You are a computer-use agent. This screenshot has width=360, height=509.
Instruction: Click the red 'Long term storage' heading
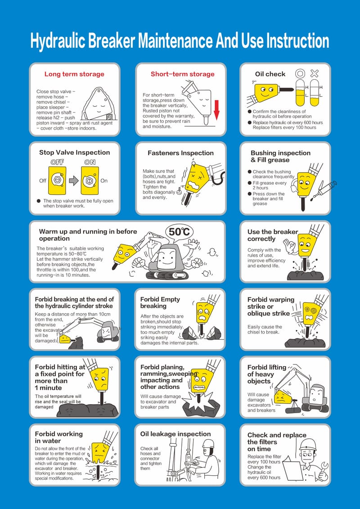tap(74, 74)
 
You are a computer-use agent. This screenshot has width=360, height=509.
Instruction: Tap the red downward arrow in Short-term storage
tap(216, 110)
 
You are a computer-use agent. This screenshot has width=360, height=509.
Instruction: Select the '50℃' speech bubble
tap(179, 232)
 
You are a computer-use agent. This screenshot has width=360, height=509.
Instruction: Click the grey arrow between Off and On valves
tap(74, 180)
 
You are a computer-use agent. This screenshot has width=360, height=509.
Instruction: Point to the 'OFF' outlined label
tap(57, 162)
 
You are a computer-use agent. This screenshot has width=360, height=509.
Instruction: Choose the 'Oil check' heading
tap(270, 74)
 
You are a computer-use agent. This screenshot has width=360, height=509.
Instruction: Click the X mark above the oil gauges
tap(314, 73)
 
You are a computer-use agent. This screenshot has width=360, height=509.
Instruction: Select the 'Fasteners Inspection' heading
tap(180, 153)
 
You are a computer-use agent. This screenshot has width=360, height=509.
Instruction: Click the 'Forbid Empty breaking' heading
tap(160, 302)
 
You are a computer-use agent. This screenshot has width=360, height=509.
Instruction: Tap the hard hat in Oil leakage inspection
tap(208, 443)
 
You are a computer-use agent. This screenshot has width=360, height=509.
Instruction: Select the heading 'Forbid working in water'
tap(59, 437)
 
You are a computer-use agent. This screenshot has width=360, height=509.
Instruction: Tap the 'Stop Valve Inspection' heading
tap(75, 153)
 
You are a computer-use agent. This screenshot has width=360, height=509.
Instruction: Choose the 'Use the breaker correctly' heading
tap(273, 235)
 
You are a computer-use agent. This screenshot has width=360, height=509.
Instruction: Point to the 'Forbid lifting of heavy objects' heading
tap(266, 374)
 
